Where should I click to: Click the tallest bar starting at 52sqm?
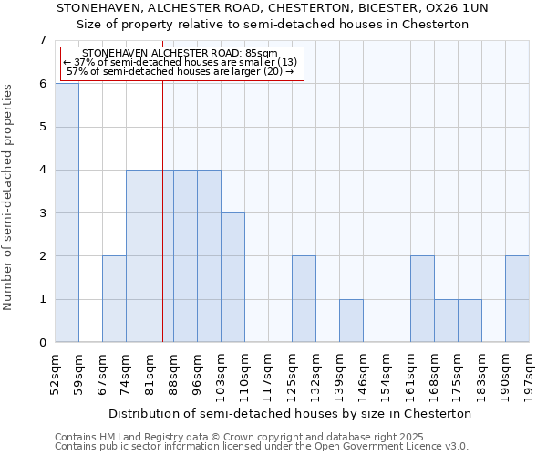[67, 212]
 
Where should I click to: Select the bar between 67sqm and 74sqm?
[114, 299]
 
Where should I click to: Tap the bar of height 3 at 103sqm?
[232, 277]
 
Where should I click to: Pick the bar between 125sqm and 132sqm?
[304, 299]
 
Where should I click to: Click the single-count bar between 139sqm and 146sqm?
[351, 321]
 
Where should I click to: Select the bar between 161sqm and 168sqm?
[422, 299]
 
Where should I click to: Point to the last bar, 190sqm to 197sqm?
[517, 299]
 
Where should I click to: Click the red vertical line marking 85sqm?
[162, 228]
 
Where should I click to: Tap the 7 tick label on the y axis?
[42, 40]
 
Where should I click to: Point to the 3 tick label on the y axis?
[42, 213]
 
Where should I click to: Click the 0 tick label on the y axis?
[42, 343]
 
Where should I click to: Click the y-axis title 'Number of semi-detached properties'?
[9, 197]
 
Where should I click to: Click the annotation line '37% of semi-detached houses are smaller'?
[181, 62]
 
